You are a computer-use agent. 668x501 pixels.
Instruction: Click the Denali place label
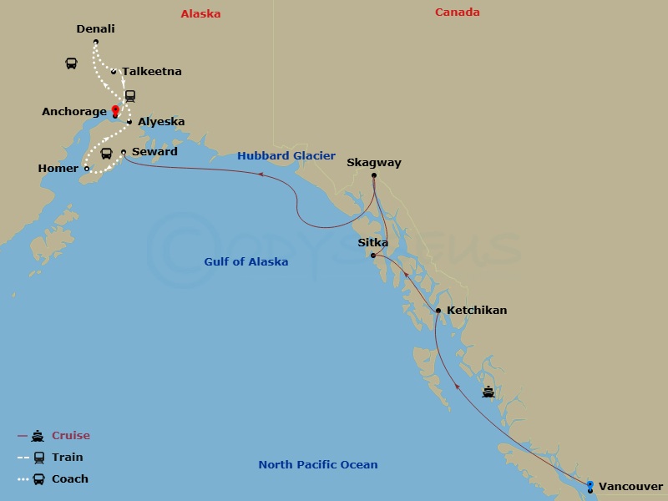click(x=95, y=29)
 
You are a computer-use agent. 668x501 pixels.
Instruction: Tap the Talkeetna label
click(x=151, y=72)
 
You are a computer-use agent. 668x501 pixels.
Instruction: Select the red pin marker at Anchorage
click(x=115, y=111)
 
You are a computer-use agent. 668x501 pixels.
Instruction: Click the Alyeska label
click(x=161, y=122)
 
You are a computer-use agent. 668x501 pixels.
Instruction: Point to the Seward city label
click(x=154, y=152)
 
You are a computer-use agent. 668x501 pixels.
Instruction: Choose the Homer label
click(x=58, y=168)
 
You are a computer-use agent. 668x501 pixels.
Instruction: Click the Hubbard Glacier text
click(x=286, y=156)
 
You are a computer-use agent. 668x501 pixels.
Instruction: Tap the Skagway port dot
click(x=373, y=175)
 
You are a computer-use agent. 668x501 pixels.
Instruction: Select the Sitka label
click(x=372, y=242)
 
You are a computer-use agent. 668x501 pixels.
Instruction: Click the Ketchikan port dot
click(x=438, y=311)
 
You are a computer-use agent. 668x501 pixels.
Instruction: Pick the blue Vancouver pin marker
click(x=590, y=485)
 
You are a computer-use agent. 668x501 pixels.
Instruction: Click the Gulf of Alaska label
click(x=246, y=262)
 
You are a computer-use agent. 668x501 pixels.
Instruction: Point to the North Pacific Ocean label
click(x=318, y=465)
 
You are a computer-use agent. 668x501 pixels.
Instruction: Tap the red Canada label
click(x=458, y=13)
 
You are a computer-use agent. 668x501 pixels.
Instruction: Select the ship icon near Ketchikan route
click(x=488, y=391)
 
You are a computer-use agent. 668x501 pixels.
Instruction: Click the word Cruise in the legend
click(x=71, y=436)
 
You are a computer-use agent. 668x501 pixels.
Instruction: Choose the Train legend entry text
click(x=67, y=458)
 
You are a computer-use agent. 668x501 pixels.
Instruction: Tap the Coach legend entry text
click(x=69, y=479)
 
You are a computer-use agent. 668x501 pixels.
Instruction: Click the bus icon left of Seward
click(x=107, y=154)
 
